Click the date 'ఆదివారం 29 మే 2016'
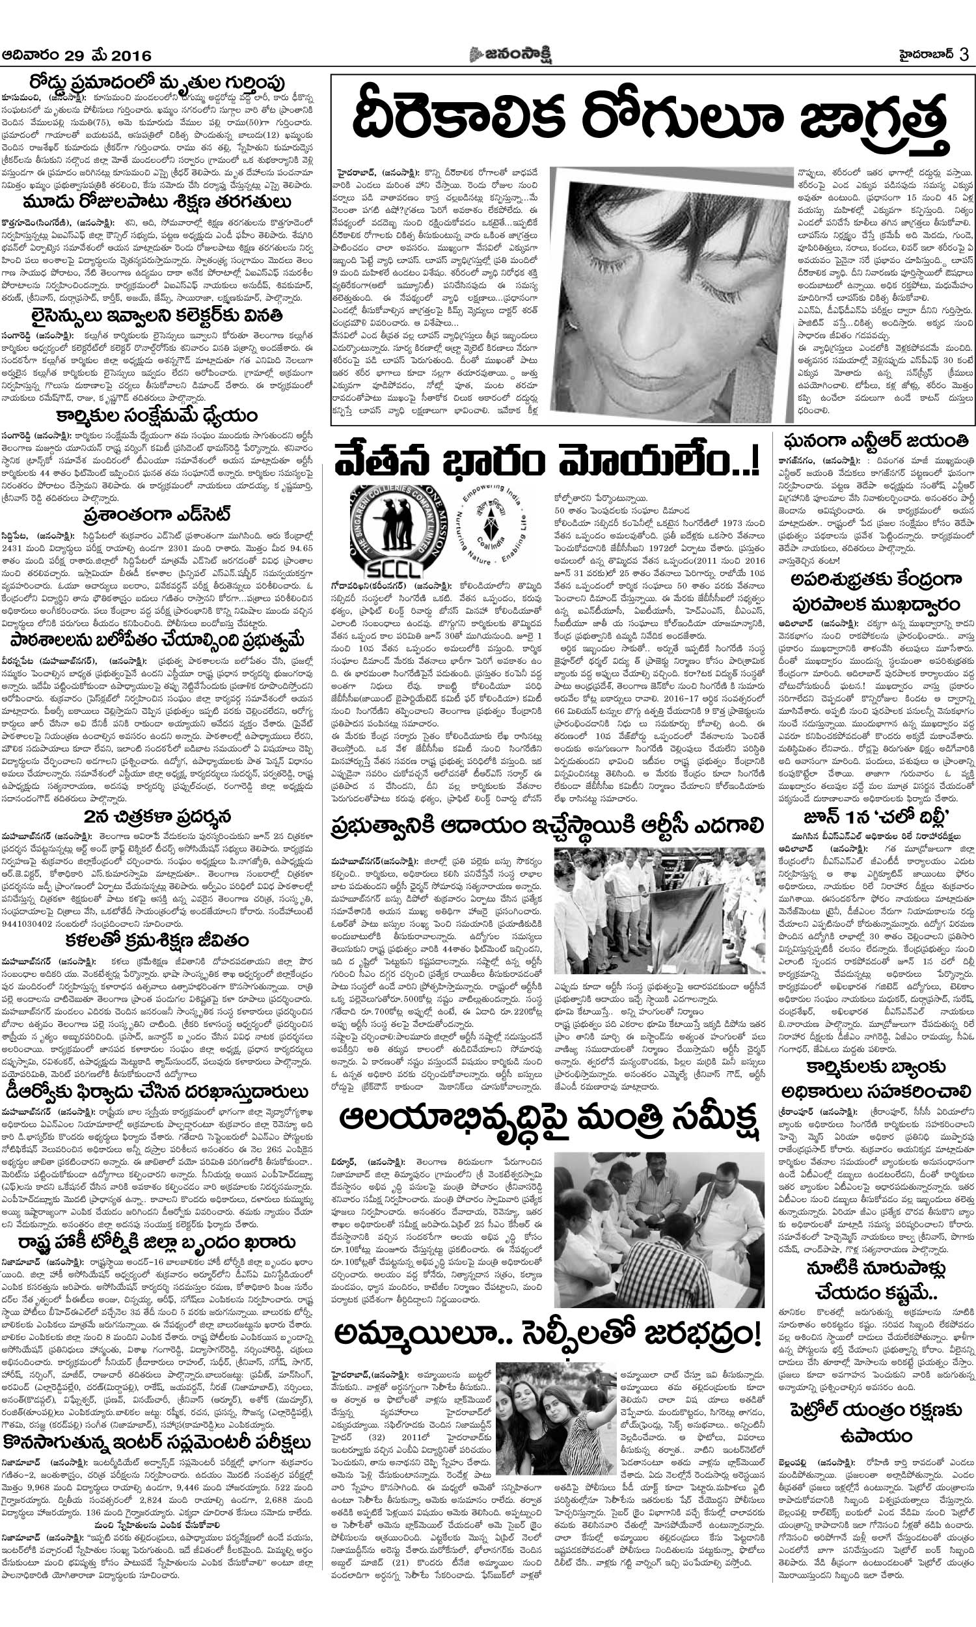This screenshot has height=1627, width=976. click(77, 56)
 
